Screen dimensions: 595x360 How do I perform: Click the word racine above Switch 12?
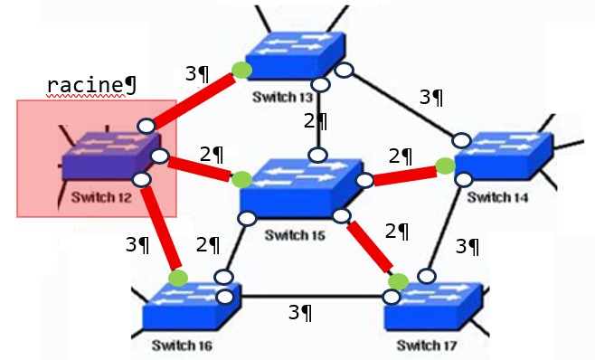coord(86,85)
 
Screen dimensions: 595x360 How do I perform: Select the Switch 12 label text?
coord(101,197)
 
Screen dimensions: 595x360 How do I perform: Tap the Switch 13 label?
coord(283,97)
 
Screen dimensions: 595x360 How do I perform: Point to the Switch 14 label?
coord(497,197)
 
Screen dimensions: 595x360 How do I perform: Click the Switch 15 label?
coord(295,235)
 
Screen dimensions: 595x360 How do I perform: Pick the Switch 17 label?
coord(427,346)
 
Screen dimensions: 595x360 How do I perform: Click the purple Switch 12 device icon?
coord(111,155)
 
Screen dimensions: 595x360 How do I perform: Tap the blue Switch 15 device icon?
coord(300,188)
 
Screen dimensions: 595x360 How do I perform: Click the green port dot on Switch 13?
coord(241,71)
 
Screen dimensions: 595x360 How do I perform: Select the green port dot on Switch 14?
coord(445,166)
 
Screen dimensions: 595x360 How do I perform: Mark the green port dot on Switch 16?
coord(178,279)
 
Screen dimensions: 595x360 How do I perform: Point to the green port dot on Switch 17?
coord(398,282)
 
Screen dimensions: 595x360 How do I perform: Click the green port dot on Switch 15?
coord(241,180)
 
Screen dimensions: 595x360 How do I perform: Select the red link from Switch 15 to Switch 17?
coord(370,247)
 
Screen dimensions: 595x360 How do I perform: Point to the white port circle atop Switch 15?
coord(318,155)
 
